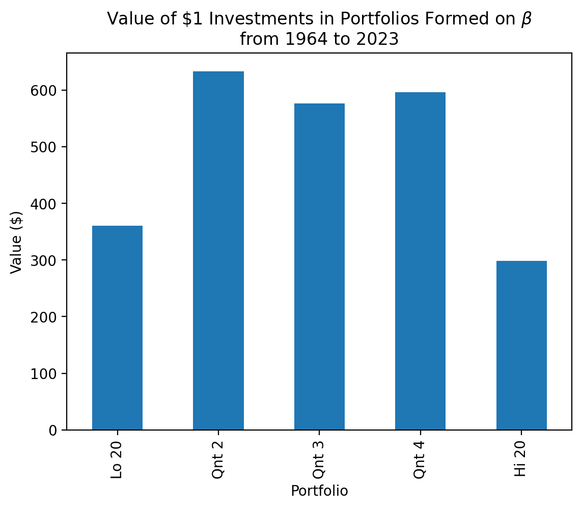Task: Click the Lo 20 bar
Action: point(117,328)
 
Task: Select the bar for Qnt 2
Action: point(218,251)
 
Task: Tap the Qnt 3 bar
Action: point(319,266)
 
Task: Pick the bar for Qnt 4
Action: point(420,261)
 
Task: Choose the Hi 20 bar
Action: point(521,345)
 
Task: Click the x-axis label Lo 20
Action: point(117,460)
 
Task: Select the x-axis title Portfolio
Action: point(319,491)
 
